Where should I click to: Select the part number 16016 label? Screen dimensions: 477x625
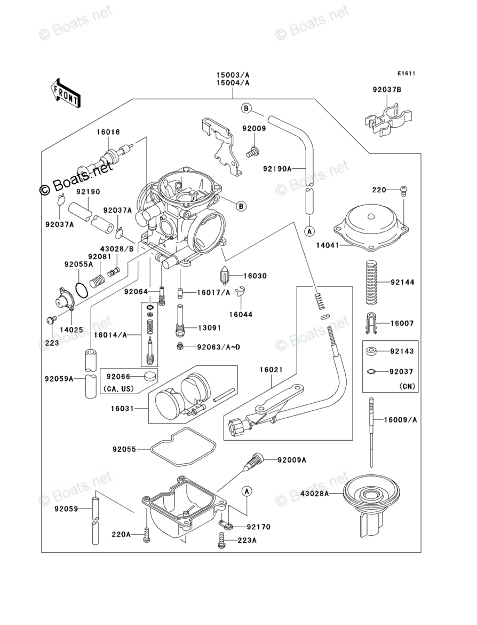click(108, 132)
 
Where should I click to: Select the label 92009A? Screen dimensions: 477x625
click(292, 460)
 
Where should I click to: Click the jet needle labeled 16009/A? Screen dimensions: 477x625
click(371, 433)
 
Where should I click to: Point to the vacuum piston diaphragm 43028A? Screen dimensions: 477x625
click(371, 505)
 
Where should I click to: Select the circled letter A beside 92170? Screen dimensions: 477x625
click(247, 491)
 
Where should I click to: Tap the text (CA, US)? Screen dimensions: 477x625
click(118, 388)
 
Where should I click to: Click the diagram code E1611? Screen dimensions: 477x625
click(406, 73)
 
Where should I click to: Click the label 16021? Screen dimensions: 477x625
click(271, 370)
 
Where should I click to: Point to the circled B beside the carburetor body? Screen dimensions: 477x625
click(241, 206)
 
